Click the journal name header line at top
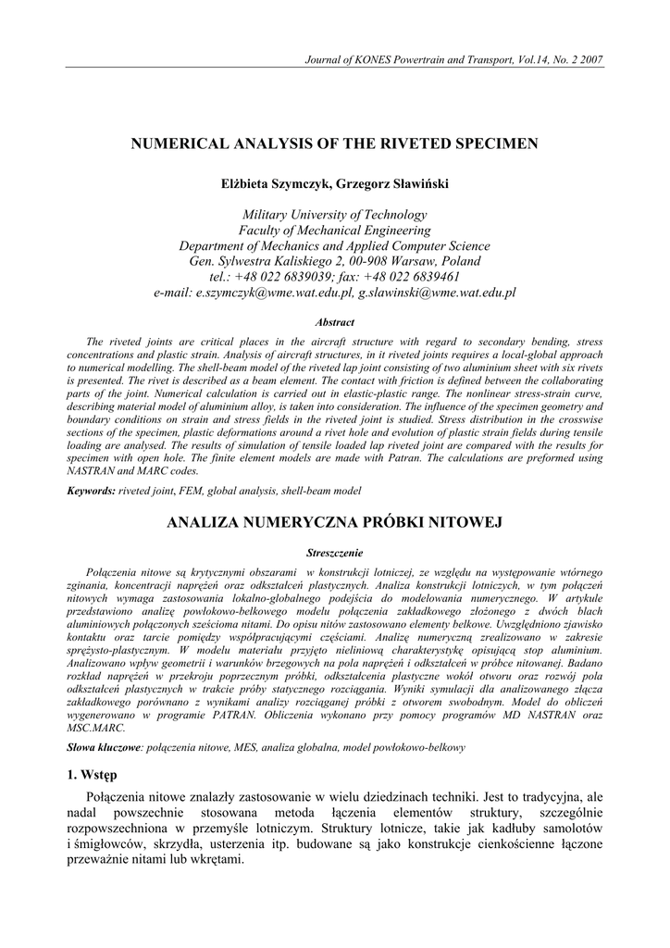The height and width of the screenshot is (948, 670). pyautogui.click(x=453, y=60)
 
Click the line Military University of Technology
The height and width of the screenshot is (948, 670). pyautogui.click(x=334, y=214)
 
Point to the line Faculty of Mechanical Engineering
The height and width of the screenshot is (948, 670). pyautogui.click(x=334, y=230)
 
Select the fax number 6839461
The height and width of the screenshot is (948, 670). pyautogui.click(x=434, y=277)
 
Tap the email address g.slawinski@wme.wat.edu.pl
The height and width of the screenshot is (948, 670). pyautogui.click(x=437, y=293)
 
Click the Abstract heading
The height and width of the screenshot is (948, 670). pyautogui.click(x=334, y=323)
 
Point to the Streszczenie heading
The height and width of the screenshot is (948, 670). pyautogui.click(x=334, y=553)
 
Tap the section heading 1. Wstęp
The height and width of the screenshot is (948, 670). pyautogui.click(x=92, y=774)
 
